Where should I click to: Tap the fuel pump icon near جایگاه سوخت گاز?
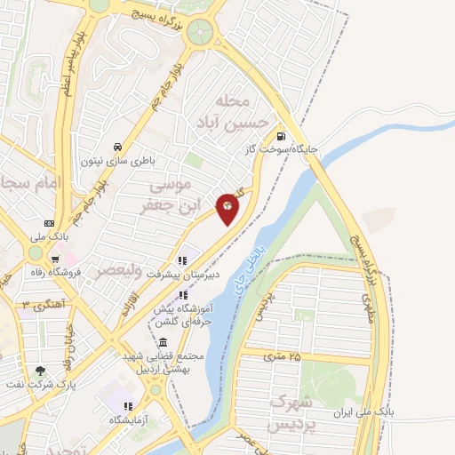(282, 137)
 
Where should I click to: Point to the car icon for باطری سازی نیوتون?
(117, 148)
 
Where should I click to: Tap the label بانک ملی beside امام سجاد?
(49, 236)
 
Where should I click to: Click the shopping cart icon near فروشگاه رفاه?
(36, 272)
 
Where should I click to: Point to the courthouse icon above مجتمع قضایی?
(162, 343)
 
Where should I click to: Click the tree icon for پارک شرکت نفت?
(39, 371)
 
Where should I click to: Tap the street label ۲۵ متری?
(283, 355)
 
